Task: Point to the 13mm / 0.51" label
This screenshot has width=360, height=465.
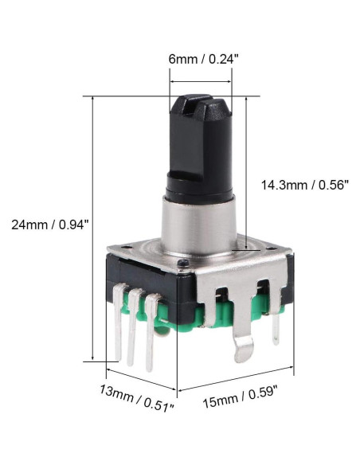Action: coord(137,394)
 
